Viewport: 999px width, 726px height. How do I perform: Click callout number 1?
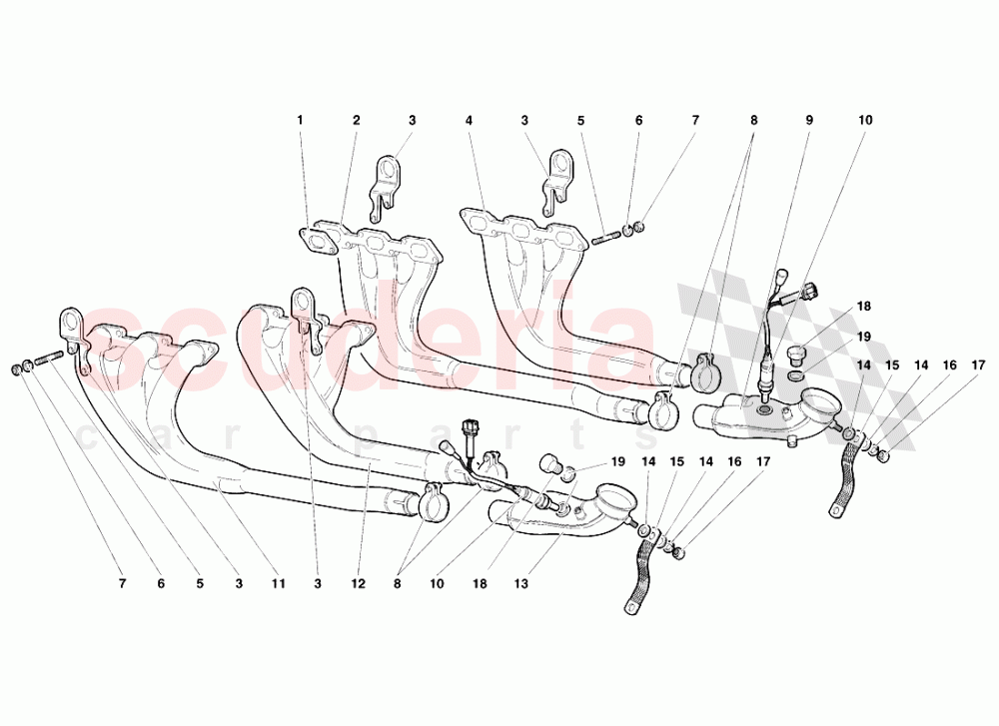click(x=299, y=121)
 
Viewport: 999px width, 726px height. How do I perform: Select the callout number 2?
click(x=356, y=121)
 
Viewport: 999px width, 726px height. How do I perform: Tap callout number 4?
click(x=468, y=121)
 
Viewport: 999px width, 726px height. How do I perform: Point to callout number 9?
click(x=809, y=121)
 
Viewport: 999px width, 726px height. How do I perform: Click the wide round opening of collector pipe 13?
click(x=612, y=498)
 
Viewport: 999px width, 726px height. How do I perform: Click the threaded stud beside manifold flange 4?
click(x=605, y=238)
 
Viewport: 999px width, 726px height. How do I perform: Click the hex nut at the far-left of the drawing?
click(x=18, y=370)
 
